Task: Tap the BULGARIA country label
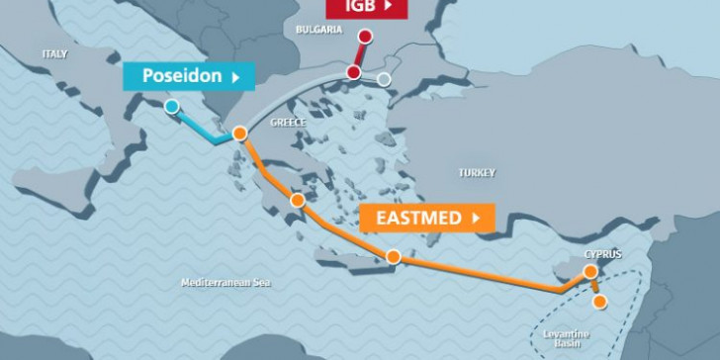pyautogui.click(x=317, y=30)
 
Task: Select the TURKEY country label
pyautogui.click(x=476, y=172)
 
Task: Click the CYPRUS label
pyautogui.click(x=603, y=254)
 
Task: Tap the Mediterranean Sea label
pyautogui.click(x=225, y=283)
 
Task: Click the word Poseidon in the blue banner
pyautogui.click(x=181, y=75)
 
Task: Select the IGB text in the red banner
pyautogui.click(x=358, y=6)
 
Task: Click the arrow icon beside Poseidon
pyautogui.click(x=234, y=76)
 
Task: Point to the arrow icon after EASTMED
pyautogui.click(x=477, y=218)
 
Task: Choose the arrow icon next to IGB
pyautogui.click(x=388, y=6)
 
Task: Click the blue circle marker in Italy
pyautogui.click(x=173, y=107)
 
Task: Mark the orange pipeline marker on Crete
pyautogui.click(x=393, y=257)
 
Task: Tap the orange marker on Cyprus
pyautogui.click(x=590, y=271)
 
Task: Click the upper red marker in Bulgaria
pyautogui.click(x=365, y=38)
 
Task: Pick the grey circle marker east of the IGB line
pyautogui.click(x=385, y=79)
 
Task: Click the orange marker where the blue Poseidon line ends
pyautogui.click(x=238, y=134)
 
